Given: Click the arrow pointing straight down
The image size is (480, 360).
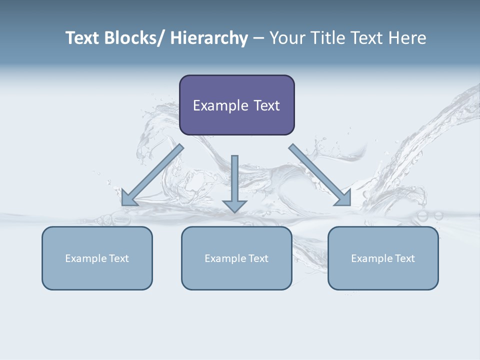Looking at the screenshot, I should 234,182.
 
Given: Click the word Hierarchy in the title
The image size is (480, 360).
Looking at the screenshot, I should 209,38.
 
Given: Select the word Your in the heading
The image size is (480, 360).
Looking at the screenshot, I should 286,38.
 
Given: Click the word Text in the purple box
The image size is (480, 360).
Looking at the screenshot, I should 266,105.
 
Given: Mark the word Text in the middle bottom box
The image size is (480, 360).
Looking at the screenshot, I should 257,258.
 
